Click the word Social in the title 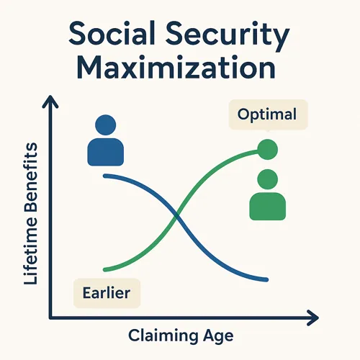[x=112, y=33]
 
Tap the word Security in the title [x=228, y=36]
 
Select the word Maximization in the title [x=176, y=67]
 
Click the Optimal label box [x=268, y=114]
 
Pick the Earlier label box [x=107, y=293]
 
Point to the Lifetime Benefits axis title [x=31, y=214]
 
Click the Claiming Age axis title [x=181, y=336]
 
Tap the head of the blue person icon [x=106, y=125]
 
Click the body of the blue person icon [x=106, y=152]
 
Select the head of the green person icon [x=268, y=179]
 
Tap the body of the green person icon [x=268, y=206]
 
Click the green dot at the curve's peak [x=268, y=149]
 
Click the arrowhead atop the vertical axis [x=50, y=101]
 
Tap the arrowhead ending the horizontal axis [x=313, y=318]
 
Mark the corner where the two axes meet [x=50, y=318]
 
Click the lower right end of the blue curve [x=266, y=279]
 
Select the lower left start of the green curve [x=105, y=270]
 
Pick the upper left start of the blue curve [x=105, y=176]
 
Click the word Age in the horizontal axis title [x=218, y=336]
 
